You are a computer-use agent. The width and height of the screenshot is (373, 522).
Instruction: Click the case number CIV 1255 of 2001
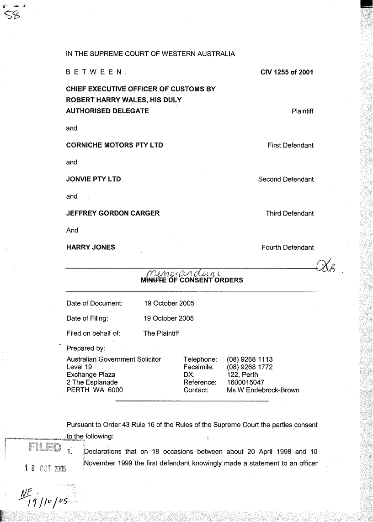point(287,72)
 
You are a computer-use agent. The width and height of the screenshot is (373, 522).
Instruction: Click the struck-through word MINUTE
point(154,280)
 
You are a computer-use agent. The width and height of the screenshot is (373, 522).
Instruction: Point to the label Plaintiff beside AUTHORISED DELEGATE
point(302,111)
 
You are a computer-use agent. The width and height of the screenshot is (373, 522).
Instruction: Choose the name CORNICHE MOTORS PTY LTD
point(115,145)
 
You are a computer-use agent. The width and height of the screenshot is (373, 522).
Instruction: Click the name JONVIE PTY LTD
point(94,179)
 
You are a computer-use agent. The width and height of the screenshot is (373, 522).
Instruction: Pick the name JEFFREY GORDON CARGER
point(113,213)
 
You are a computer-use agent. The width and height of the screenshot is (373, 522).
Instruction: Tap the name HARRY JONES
point(91,247)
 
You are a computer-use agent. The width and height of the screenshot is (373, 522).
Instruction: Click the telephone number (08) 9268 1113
point(250,359)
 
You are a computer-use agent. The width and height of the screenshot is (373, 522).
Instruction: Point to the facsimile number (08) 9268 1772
point(250,367)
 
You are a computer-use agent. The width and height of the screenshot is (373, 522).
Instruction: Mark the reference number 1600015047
point(245,382)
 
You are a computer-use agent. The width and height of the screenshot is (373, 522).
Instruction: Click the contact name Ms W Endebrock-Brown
point(263,390)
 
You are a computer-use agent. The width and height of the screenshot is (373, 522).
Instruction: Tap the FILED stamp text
point(44,448)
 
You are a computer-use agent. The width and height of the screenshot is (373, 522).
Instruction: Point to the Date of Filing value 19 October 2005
point(169,318)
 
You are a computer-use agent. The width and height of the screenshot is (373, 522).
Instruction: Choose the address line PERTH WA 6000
point(95,390)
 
